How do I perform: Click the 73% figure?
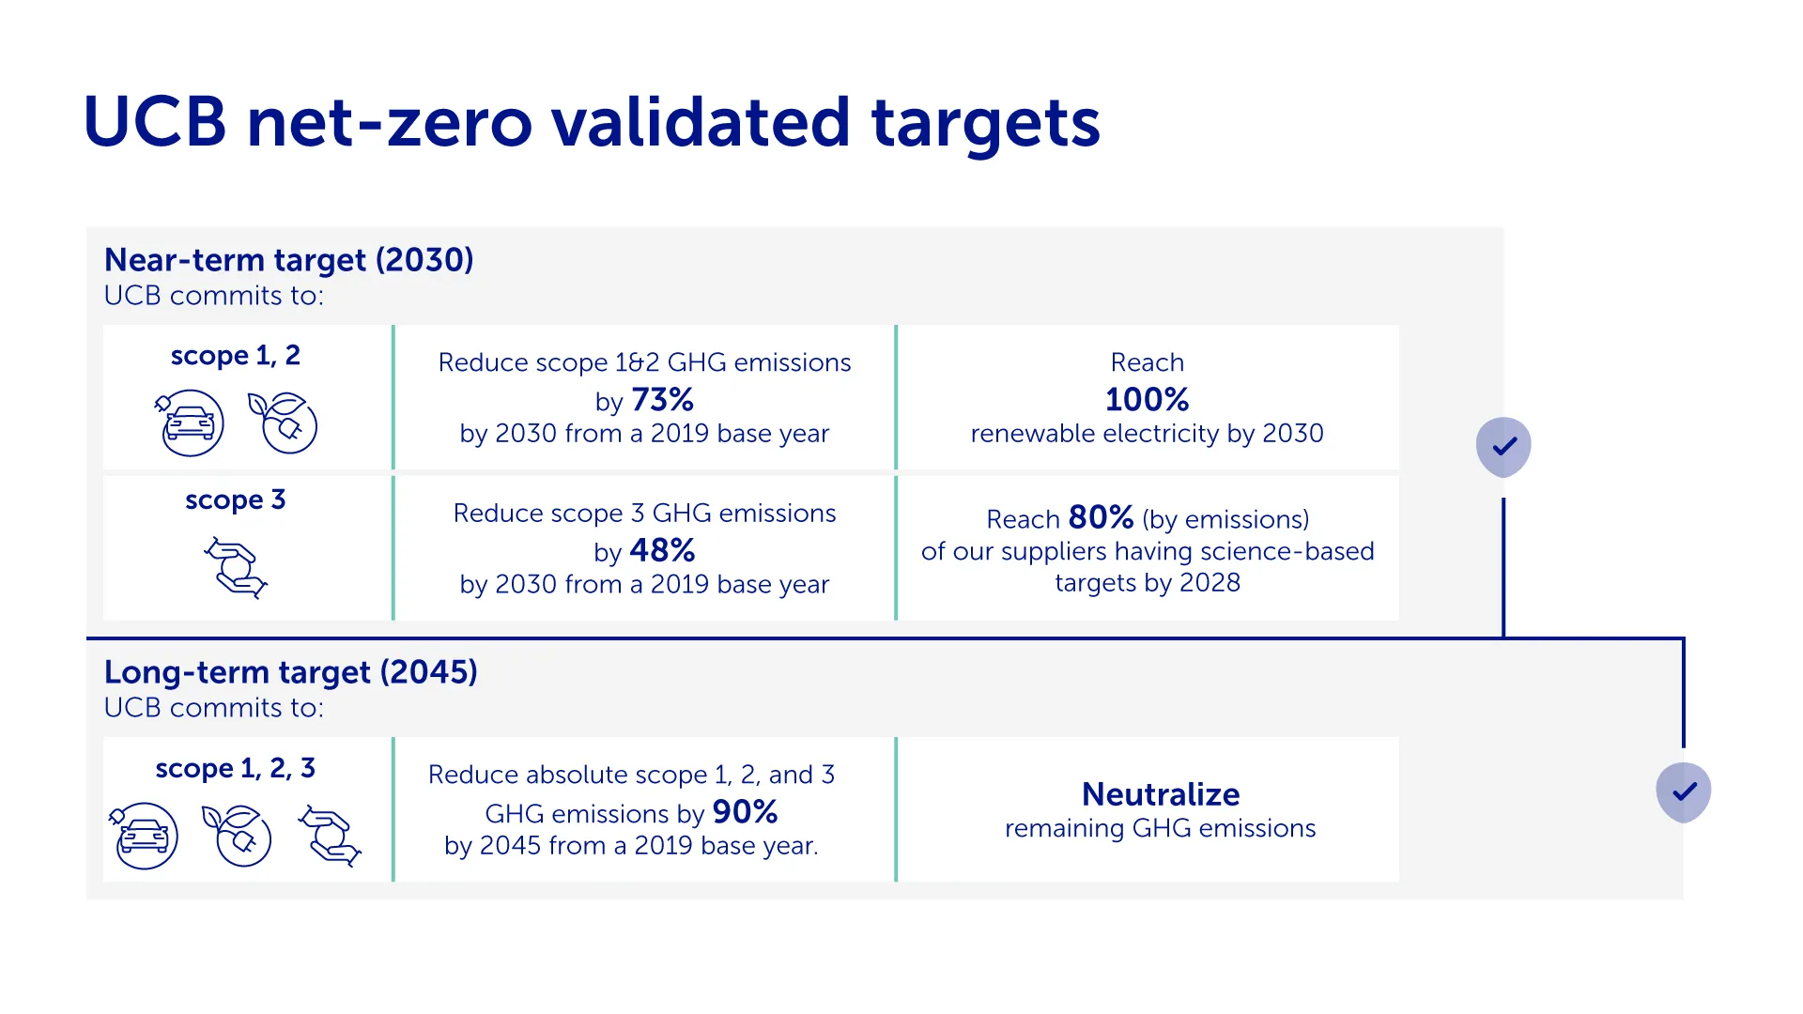click(x=663, y=400)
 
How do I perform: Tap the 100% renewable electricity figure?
click(x=1147, y=399)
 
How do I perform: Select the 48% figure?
click(x=663, y=550)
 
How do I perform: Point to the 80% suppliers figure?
click(x=1101, y=517)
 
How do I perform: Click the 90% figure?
click(x=746, y=812)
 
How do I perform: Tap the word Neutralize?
click(x=1161, y=794)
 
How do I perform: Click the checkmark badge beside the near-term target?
click(x=1503, y=447)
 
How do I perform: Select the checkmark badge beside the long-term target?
click(x=1684, y=792)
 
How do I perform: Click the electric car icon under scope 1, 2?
click(x=189, y=422)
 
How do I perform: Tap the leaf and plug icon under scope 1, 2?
click(x=283, y=422)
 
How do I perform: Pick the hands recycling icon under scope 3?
click(x=236, y=567)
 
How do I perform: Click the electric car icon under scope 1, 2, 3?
click(x=144, y=836)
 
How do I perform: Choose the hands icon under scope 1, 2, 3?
click(x=330, y=836)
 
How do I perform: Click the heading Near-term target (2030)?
click(x=289, y=260)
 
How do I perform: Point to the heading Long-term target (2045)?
click(x=291, y=672)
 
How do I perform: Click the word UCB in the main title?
click(x=156, y=122)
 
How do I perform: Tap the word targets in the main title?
click(x=986, y=124)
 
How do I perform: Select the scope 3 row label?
click(x=236, y=500)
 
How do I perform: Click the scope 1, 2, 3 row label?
click(x=236, y=769)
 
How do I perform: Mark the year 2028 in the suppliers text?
click(x=1210, y=583)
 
